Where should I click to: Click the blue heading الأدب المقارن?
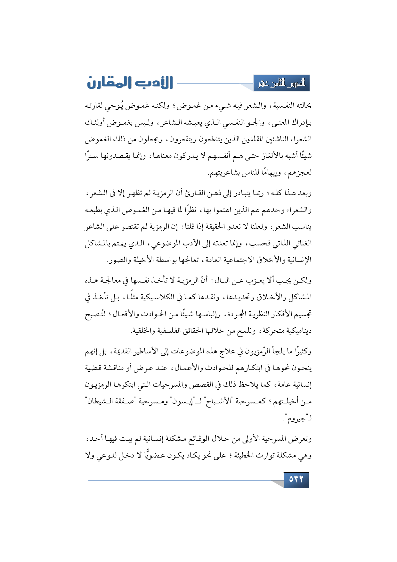[x=130, y=83]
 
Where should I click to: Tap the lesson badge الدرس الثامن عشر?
[x=281, y=83]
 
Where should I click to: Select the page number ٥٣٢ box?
[x=296, y=480]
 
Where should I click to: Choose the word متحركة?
[x=272, y=331]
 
